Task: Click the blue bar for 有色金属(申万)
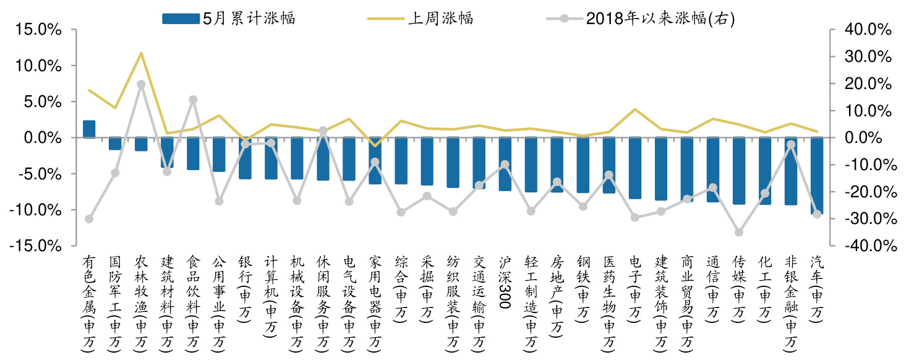point(89,129)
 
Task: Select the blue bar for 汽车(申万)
point(817,176)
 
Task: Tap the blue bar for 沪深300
point(505,164)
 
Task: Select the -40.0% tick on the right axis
point(866,246)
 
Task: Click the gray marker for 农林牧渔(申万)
point(141,84)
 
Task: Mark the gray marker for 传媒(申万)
point(739,232)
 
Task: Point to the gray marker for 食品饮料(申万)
point(193,100)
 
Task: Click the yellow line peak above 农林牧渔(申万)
point(141,53)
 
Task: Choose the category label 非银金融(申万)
point(791,303)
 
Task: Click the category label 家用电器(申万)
point(375,303)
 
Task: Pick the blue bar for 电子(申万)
point(635,168)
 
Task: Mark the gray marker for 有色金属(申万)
point(89,219)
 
